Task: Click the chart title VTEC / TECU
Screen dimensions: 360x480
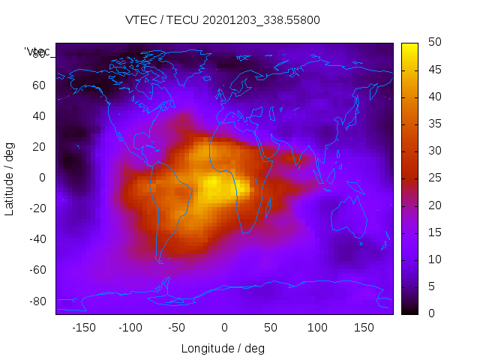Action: pos(223,20)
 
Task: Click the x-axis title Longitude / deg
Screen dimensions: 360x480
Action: pos(223,348)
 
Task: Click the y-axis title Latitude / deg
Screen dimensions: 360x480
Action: pos(10,178)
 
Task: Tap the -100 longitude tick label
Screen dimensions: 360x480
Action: pos(130,328)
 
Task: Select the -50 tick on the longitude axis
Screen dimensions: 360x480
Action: pos(177,328)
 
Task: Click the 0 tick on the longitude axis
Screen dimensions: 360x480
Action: pos(223,328)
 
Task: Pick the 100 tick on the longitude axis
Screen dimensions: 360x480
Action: pos(317,328)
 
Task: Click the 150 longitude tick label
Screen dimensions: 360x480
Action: pos(364,328)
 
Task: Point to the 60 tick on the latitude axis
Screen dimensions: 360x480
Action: pos(39,85)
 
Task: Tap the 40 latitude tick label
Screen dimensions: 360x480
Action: pos(39,116)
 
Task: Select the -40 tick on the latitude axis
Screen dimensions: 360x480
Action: pos(37,239)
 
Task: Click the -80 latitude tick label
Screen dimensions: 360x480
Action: pos(37,301)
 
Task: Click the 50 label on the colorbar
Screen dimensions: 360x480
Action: pos(433,43)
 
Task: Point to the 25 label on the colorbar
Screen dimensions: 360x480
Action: pos(433,178)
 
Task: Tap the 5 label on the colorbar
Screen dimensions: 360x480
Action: pos(430,286)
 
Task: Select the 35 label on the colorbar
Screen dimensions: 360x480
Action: pos(433,124)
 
